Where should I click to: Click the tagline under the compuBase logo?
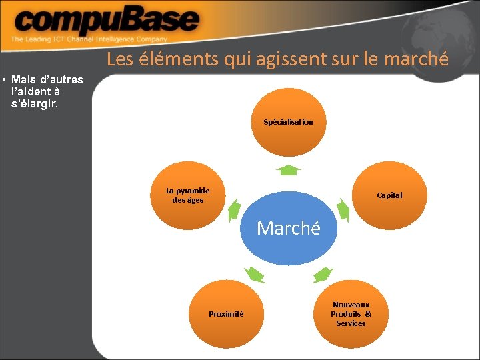[89, 40]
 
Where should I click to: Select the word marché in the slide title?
[416, 59]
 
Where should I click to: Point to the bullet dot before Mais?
[5, 81]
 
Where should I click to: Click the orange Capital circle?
[389, 195]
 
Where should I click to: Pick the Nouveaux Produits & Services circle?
[351, 313]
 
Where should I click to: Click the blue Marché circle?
[288, 229]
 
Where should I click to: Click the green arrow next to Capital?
[343, 211]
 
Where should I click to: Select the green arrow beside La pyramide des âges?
[234, 211]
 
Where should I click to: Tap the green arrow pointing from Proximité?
[254, 273]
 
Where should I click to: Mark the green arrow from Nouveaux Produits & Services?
[323, 273]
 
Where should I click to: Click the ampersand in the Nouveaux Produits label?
[368, 314]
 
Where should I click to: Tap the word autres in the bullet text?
[66, 81]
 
